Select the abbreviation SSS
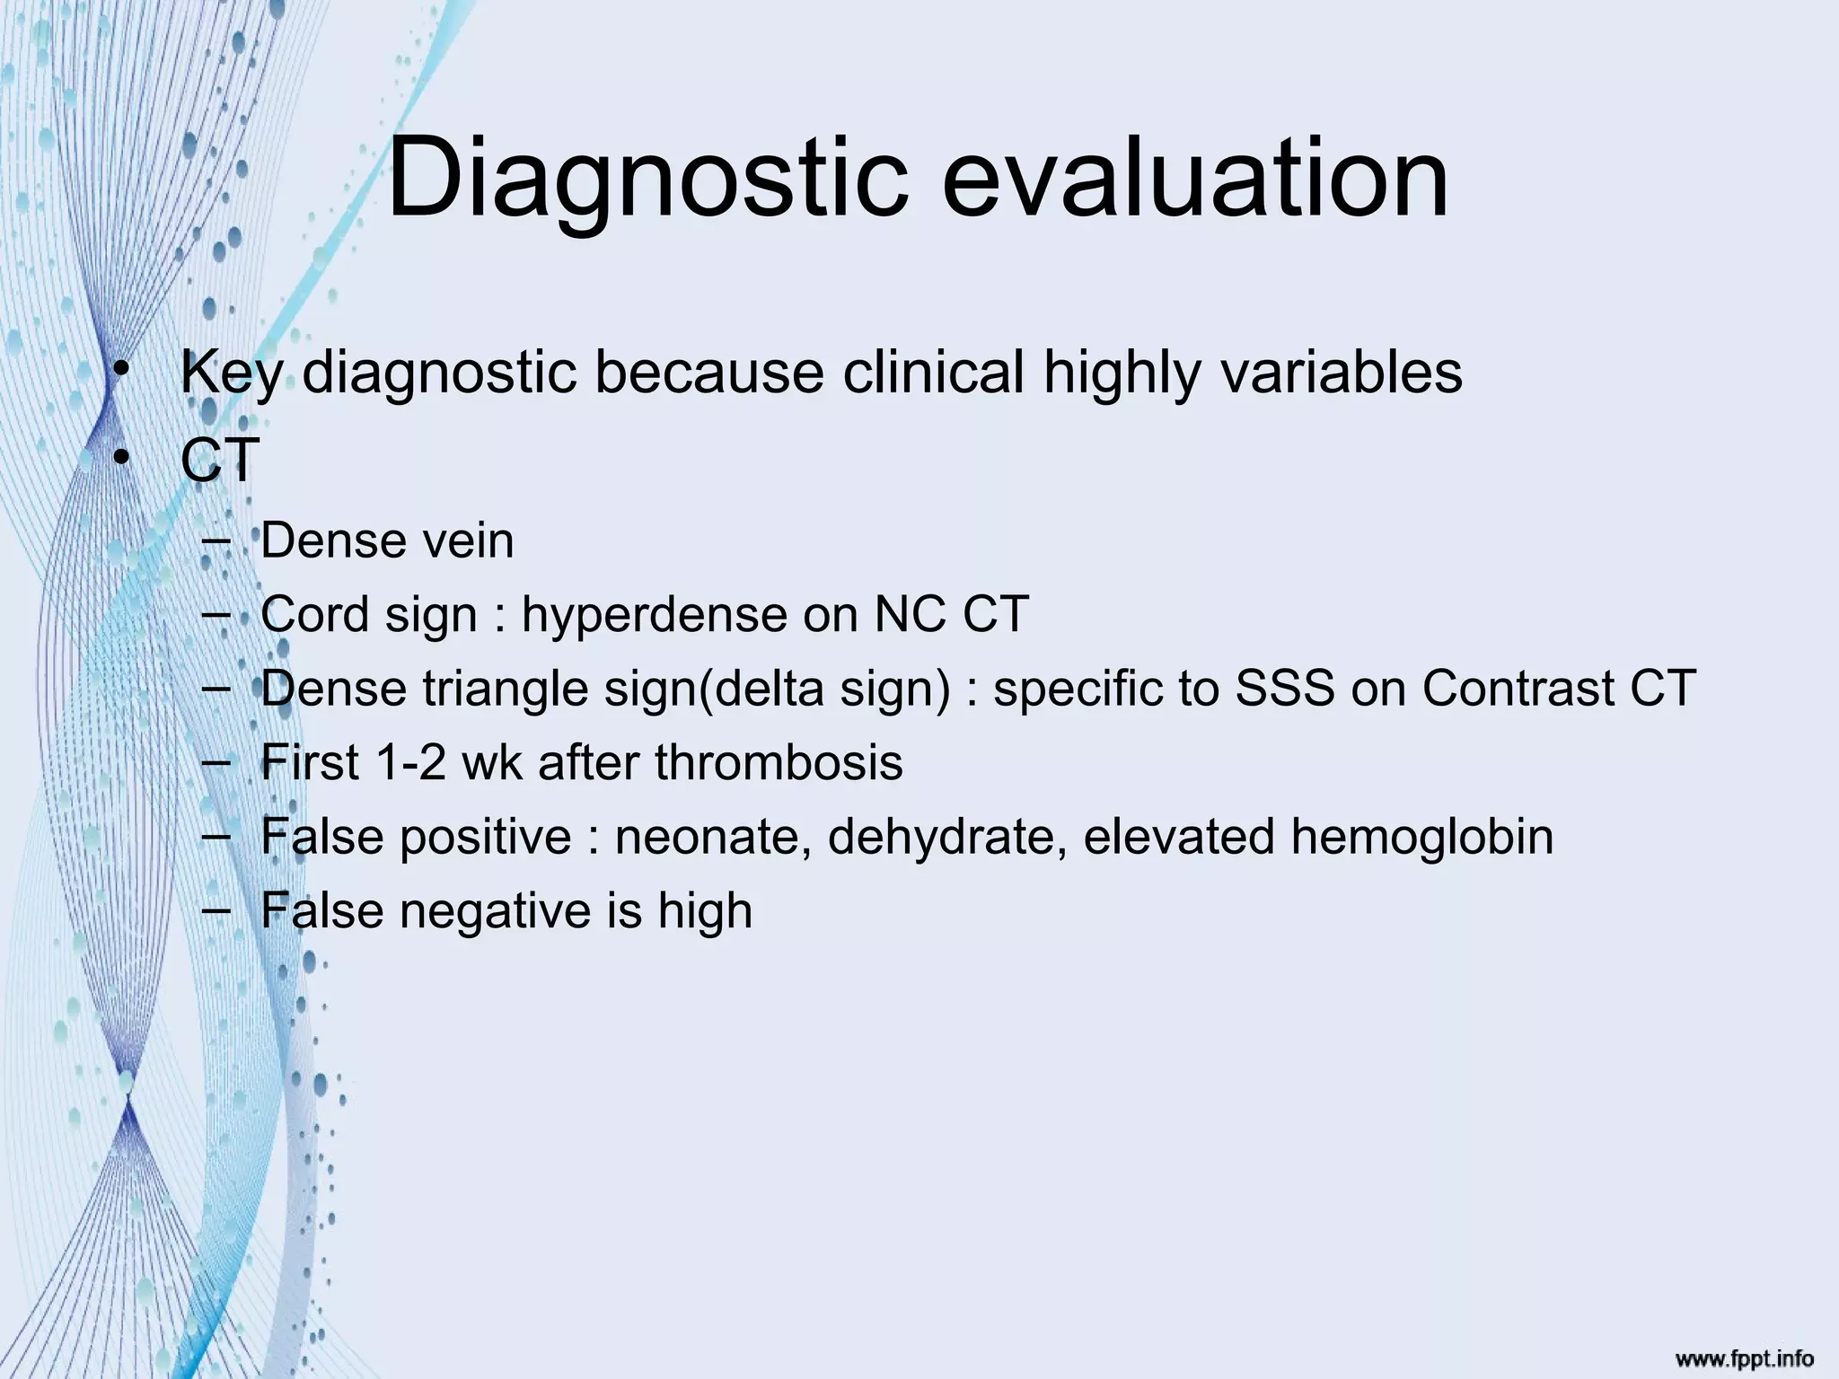(x=1285, y=689)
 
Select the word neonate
(x=713, y=837)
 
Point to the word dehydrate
(x=947, y=837)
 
